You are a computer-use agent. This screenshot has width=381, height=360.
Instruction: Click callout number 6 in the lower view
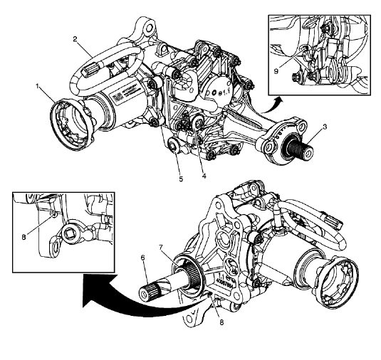tap(142, 258)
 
